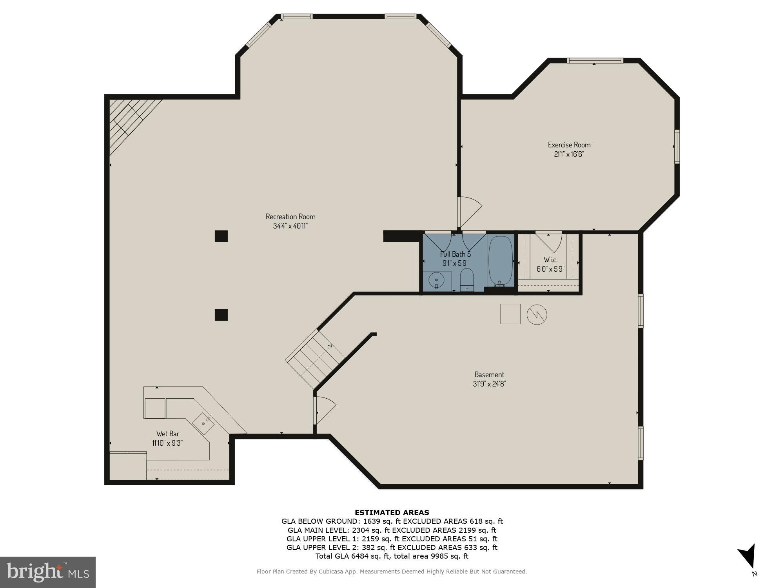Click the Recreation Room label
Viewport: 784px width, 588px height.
coord(290,216)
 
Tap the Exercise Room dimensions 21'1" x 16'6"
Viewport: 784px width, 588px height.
coord(569,154)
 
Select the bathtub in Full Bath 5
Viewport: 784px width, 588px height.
coord(500,261)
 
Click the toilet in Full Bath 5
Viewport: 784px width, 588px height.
coord(466,279)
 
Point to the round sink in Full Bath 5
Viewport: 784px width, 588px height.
coord(436,281)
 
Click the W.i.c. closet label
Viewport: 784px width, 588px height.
coord(550,260)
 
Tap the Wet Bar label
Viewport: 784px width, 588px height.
coord(168,434)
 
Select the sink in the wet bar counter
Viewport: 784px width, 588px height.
coord(203,423)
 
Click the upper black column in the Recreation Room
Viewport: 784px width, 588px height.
coord(221,236)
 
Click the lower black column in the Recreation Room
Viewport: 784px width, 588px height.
coord(221,315)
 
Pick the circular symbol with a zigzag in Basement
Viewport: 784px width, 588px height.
coord(537,314)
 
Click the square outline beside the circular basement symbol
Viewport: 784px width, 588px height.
coord(510,314)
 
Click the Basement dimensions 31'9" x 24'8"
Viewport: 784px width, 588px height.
coord(489,384)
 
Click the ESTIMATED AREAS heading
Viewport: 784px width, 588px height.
coord(392,512)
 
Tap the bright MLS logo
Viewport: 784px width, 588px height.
coord(48,572)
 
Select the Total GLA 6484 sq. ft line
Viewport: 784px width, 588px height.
coord(392,556)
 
